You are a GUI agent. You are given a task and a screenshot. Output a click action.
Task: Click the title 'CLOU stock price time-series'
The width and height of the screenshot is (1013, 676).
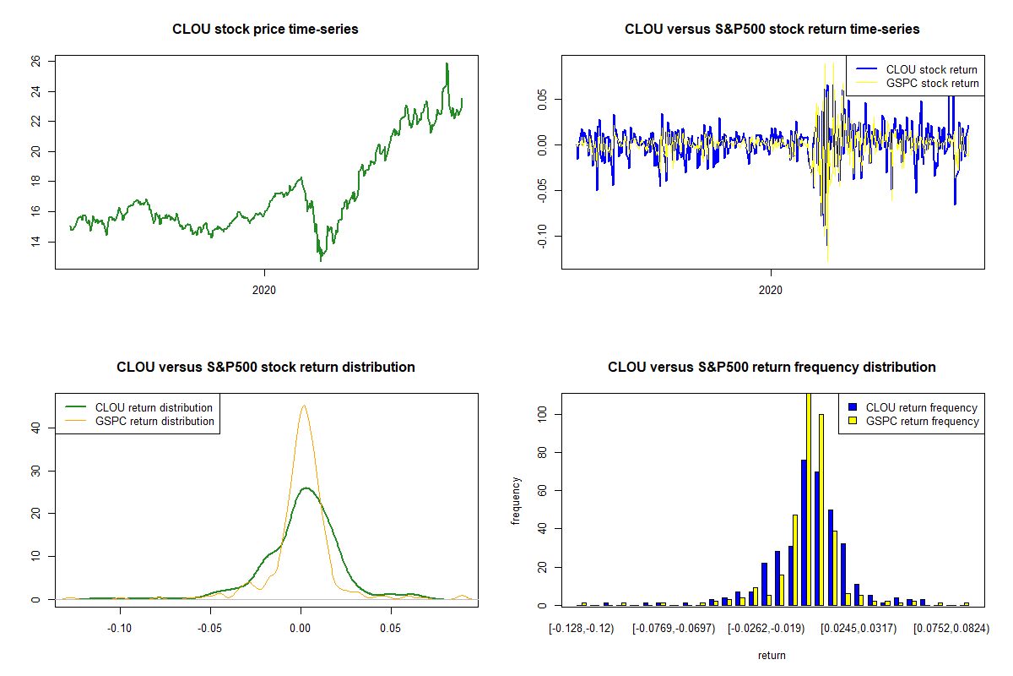[x=265, y=29]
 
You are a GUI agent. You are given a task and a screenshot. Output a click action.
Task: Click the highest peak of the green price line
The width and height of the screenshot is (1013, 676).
[x=447, y=64]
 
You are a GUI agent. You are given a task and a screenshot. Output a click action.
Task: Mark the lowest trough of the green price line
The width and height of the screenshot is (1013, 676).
[x=320, y=261]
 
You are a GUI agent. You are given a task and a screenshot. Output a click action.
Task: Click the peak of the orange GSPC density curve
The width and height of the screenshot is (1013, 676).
[x=303, y=406]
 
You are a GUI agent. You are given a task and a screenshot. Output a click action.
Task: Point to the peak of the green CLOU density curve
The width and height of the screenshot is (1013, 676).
[x=306, y=488]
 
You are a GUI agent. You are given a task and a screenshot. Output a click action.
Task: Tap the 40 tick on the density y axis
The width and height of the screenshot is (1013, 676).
[x=35, y=428]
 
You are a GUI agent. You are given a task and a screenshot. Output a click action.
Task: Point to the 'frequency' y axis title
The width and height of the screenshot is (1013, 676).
[x=516, y=500]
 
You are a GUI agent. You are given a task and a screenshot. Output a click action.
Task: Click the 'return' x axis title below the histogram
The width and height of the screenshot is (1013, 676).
[x=772, y=655]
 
